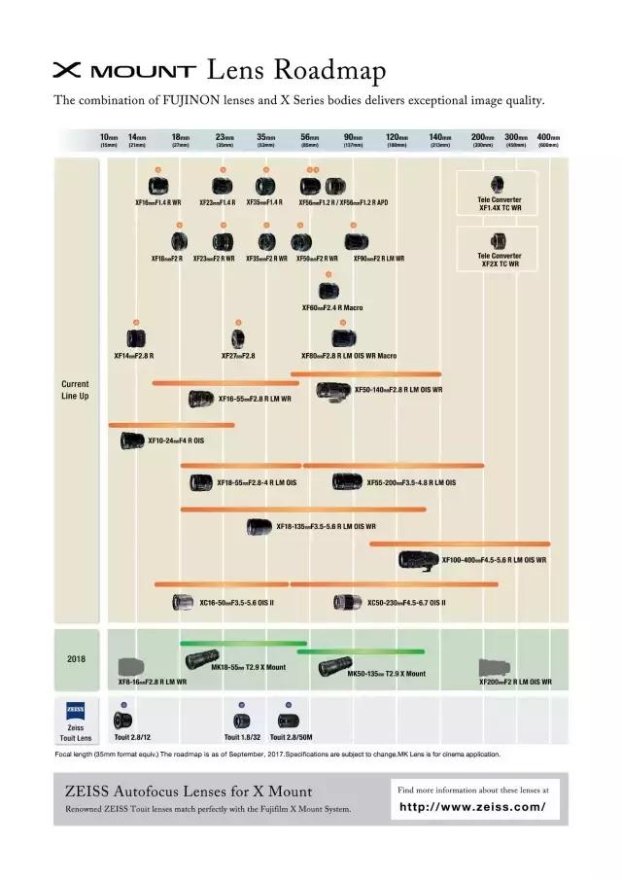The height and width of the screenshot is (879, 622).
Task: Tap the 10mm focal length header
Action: pyautogui.click(x=109, y=140)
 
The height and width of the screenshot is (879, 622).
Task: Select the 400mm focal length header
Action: pyautogui.click(x=548, y=140)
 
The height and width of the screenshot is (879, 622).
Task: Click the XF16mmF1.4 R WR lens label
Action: pyautogui.click(x=158, y=203)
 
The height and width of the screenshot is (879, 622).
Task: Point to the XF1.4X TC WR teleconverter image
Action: pyautogui.click(x=498, y=184)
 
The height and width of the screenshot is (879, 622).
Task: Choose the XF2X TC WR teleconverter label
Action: pyautogui.click(x=500, y=260)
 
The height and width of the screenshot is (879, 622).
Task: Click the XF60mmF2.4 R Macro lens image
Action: pyautogui.click(x=328, y=290)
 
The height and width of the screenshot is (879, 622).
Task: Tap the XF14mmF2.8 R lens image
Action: pyautogui.click(x=136, y=338)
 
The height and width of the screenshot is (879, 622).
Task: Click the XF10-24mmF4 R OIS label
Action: pyautogui.click(x=176, y=441)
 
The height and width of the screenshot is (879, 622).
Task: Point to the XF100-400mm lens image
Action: pyautogui.click(x=418, y=559)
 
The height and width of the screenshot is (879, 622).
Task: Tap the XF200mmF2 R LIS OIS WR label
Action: pyautogui.click(x=515, y=683)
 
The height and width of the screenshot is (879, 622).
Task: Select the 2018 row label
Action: pyautogui.click(x=76, y=658)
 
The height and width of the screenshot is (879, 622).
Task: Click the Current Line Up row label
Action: pyautogui.click(x=75, y=390)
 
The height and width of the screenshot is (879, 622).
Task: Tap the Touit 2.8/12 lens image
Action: pyautogui.click(x=122, y=721)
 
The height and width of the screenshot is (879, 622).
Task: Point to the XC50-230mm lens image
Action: pyautogui.click(x=347, y=602)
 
